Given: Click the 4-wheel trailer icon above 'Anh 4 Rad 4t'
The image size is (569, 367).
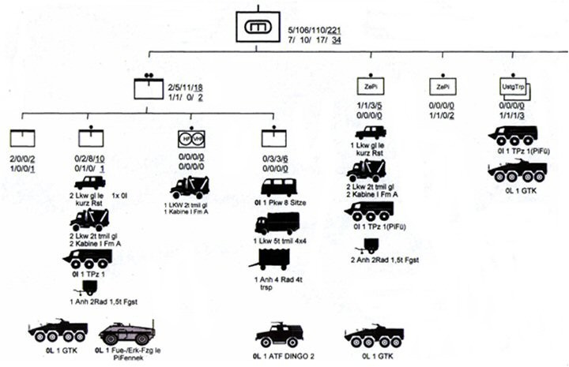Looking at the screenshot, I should click(277, 256).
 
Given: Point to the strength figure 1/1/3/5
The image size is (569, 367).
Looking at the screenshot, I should click(363, 106).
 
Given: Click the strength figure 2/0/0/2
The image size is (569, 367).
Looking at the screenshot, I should click(22, 159).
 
